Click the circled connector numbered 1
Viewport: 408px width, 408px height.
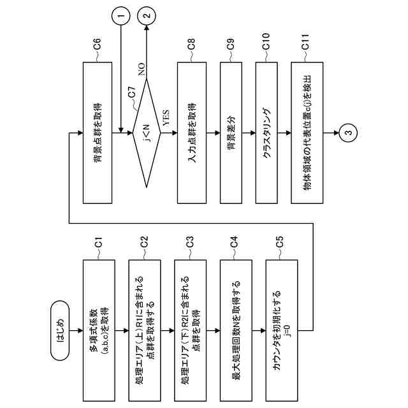tap(120, 15)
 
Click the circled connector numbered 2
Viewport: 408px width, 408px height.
tap(147, 15)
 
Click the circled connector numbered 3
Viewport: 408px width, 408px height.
tap(349, 133)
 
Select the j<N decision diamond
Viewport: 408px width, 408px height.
tap(147, 133)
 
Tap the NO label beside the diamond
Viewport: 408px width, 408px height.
tap(142, 69)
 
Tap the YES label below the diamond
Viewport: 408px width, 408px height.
tap(166, 118)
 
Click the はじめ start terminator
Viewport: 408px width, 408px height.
tap(60, 331)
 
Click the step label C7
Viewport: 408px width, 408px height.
tap(132, 92)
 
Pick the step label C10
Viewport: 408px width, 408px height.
tap(266, 41)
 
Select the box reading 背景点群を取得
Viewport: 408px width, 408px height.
tap(98, 133)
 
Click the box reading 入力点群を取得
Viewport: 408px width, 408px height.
tap(192, 133)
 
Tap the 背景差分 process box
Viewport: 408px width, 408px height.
tap(231, 133)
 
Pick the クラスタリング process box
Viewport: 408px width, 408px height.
tap(266, 133)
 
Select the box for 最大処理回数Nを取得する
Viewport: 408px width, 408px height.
tap(236, 331)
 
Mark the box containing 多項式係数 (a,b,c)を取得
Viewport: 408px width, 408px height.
tap(99, 331)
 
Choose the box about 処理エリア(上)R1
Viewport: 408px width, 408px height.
tap(145, 331)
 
